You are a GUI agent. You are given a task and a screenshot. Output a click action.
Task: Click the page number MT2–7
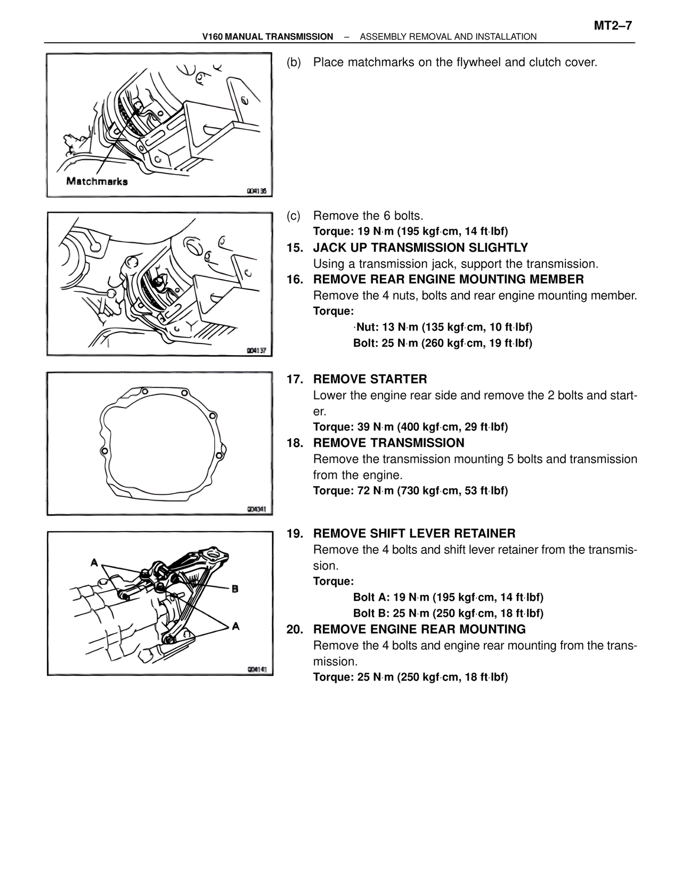[612, 26]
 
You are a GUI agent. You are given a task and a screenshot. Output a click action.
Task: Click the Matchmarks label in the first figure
[96, 181]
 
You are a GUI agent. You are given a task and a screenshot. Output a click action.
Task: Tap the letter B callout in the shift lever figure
[234, 589]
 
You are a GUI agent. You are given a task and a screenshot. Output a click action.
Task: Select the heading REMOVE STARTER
[370, 379]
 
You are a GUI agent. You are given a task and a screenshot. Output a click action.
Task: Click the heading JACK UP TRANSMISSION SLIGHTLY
[420, 248]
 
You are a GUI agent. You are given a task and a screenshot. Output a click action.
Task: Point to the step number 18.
[295, 443]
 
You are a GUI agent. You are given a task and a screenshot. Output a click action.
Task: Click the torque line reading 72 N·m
[410, 491]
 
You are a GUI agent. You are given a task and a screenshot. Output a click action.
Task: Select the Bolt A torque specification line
[448, 598]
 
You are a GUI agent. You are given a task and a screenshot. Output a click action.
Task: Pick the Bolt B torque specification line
[448, 614]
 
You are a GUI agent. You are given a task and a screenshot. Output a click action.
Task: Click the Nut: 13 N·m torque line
[443, 327]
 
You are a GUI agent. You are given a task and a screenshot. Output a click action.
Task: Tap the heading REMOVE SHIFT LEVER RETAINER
[414, 534]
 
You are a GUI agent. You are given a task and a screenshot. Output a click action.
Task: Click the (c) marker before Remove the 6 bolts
[294, 216]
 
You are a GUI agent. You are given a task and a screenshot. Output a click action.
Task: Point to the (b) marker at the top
[294, 62]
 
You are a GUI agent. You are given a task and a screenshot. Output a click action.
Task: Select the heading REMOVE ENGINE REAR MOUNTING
[419, 630]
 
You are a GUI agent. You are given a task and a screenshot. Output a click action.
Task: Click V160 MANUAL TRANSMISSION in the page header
[268, 37]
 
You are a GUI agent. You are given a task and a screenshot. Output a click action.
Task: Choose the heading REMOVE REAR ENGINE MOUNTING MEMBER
[448, 280]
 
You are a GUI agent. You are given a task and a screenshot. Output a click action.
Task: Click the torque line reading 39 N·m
[410, 427]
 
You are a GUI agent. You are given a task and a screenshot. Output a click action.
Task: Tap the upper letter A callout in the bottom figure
[94, 562]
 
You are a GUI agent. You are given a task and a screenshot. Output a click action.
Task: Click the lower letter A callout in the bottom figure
[236, 626]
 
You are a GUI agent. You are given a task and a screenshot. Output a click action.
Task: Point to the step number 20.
[295, 630]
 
